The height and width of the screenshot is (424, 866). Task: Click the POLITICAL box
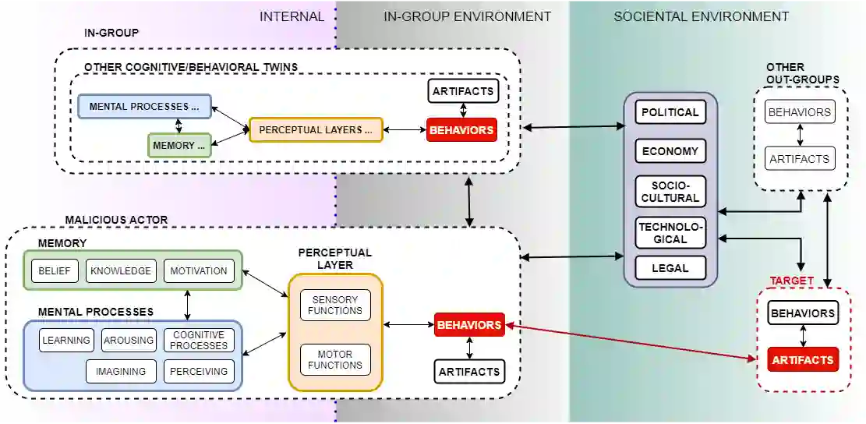click(670, 112)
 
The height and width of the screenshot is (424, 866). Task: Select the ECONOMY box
click(670, 151)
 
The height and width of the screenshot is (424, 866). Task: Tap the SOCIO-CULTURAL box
click(670, 191)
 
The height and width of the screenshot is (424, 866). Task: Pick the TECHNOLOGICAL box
click(670, 232)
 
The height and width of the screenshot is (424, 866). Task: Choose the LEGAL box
click(670, 268)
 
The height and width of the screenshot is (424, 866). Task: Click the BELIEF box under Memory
click(55, 271)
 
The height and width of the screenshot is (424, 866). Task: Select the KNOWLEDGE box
click(121, 271)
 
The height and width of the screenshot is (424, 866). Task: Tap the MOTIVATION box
click(199, 271)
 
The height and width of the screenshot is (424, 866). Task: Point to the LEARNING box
click(66, 341)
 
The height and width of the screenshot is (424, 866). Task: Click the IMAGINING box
click(121, 372)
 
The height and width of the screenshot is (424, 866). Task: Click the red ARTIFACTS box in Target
click(803, 359)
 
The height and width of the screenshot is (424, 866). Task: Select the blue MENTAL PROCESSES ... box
click(144, 106)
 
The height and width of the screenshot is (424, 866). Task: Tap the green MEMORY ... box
click(179, 145)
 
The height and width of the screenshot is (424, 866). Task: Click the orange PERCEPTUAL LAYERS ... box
click(316, 129)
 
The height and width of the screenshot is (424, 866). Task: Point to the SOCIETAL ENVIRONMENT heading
click(701, 16)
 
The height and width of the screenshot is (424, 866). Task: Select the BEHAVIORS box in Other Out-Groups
click(799, 112)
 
